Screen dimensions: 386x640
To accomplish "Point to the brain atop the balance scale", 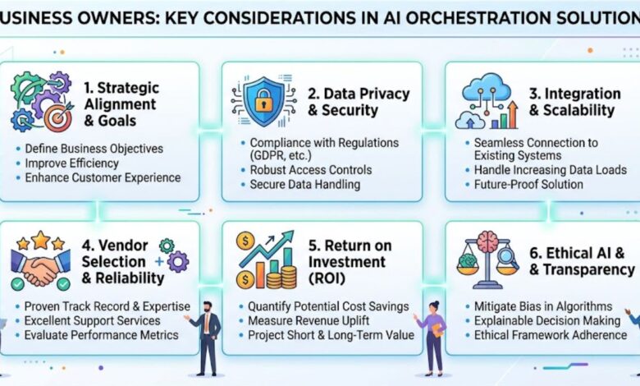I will [490, 241].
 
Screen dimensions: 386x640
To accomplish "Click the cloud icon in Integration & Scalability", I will [486, 89].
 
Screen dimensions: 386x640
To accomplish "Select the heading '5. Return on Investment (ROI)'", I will [345, 261].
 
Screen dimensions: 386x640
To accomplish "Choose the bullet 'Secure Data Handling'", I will [304, 185].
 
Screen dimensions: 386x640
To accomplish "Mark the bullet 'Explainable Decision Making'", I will [546, 320].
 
